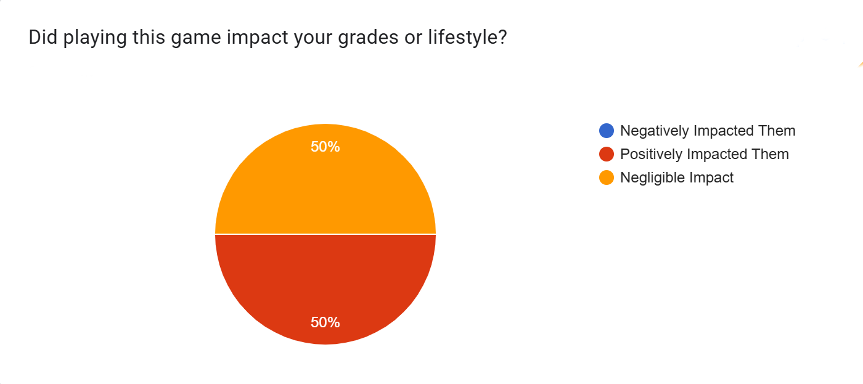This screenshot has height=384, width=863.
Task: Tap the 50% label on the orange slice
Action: point(325,147)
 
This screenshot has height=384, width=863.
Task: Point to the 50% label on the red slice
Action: point(325,322)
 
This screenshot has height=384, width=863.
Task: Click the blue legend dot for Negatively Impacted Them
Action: point(607,131)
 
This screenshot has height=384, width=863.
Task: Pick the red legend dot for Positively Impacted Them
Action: point(607,154)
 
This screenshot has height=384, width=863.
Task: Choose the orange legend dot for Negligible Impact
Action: point(607,178)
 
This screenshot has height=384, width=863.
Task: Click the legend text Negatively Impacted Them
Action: point(708,131)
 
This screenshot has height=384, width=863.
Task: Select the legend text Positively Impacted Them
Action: point(704,154)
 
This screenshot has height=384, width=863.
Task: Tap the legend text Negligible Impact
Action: point(677,178)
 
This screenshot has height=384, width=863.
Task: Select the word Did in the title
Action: point(40,38)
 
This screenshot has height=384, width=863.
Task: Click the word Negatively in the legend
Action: point(653,131)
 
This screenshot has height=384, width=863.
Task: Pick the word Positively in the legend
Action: point(650,154)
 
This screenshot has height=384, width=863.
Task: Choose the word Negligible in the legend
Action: point(653,178)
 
